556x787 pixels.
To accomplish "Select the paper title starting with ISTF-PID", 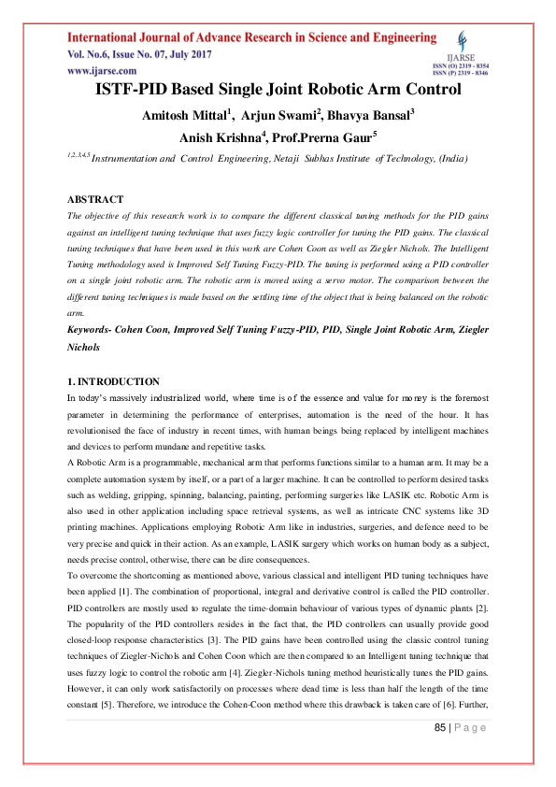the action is tap(278, 91).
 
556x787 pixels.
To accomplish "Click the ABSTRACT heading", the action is tap(95, 200).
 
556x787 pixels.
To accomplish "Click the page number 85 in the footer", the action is tap(440, 753).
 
